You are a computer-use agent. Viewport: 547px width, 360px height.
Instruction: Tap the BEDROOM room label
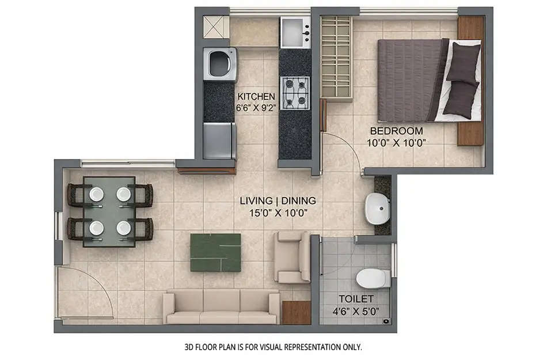[396, 131]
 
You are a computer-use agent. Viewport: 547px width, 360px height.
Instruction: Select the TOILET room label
[356, 299]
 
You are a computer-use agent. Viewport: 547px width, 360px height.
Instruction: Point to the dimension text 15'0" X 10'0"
[278, 212]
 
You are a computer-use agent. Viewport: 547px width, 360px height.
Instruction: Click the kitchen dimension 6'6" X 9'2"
[256, 107]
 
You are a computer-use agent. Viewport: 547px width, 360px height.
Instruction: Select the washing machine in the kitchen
[220, 64]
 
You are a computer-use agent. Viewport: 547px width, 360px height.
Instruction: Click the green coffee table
[215, 252]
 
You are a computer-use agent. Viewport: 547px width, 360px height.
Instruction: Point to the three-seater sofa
[221, 306]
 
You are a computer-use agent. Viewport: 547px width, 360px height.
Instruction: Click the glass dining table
[109, 211]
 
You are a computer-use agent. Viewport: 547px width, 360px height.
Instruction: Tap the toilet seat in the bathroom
[373, 279]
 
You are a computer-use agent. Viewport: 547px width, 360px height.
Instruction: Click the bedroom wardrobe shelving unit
[336, 58]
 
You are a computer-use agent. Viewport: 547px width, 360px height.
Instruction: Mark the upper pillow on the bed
[464, 60]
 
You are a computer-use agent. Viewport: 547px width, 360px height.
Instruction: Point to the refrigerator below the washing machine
[219, 141]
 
